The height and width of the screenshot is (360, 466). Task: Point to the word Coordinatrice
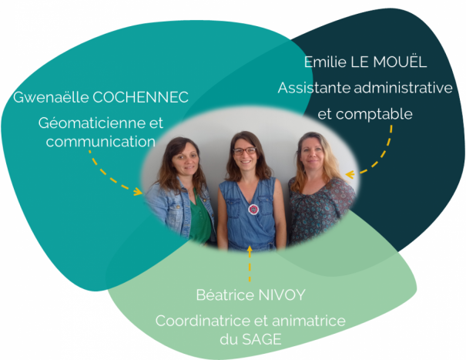(x=200, y=321)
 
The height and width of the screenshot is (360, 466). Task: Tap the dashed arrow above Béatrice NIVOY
(x=250, y=262)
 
